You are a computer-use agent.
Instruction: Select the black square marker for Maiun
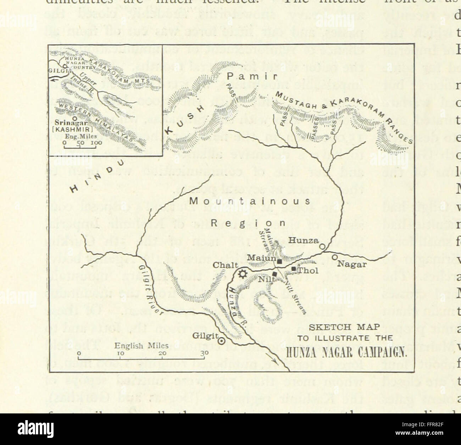(x=279, y=262)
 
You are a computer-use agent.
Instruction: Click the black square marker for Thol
(x=294, y=269)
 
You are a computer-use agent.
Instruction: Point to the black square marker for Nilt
(x=275, y=274)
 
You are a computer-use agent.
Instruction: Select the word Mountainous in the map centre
(x=250, y=201)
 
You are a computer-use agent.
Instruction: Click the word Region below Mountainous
(x=248, y=223)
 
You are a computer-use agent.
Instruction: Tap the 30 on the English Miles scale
(x=204, y=353)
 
